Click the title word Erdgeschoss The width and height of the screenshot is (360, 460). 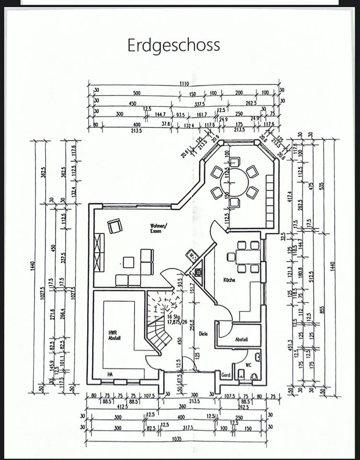(174, 45)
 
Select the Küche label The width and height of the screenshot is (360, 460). (229, 280)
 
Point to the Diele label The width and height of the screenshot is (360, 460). (203, 333)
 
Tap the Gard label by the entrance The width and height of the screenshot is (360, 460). (226, 375)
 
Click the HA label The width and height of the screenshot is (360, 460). (110, 374)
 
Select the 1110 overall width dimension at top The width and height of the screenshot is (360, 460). (184, 84)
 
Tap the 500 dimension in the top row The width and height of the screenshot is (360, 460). (137, 93)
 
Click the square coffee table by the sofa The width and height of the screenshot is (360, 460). (128, 262)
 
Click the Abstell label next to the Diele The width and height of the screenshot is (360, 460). (241, 339)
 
